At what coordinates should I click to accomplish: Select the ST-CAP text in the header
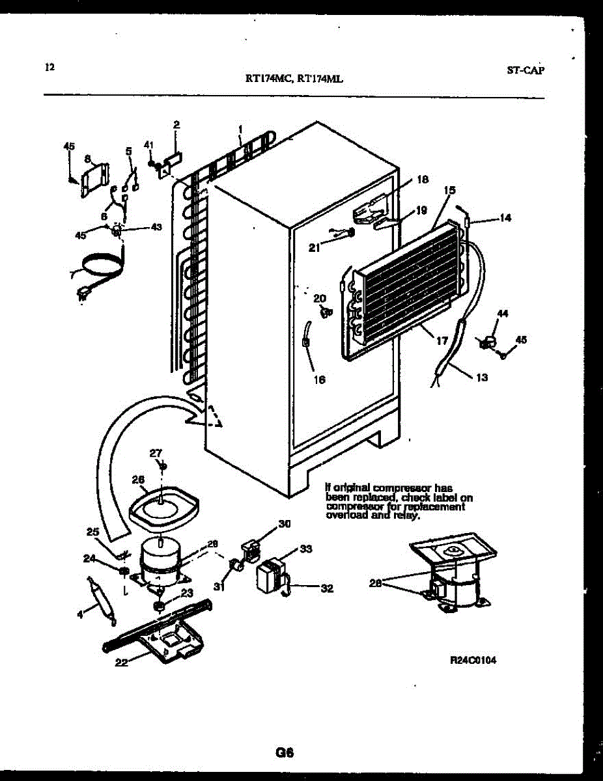(525, 70)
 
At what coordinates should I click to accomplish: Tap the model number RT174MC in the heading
(268, 79)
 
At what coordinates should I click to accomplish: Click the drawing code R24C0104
(473, 659)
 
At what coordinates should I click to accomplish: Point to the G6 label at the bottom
(285, 753)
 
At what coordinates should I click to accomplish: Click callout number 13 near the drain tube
(482, 377)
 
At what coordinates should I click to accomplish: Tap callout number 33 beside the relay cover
(305, 549)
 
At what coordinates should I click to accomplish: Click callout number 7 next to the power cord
(72, 275)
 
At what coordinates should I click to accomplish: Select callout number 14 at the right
(506, 219)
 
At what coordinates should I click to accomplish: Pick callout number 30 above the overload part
(284, 524)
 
